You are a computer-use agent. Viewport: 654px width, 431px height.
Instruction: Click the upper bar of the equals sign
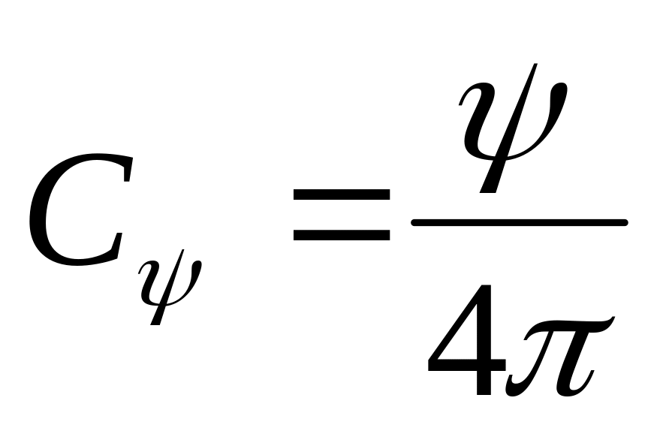[x=342, y=194]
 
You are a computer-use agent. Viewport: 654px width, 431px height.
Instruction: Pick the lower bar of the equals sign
[x=342, y=234]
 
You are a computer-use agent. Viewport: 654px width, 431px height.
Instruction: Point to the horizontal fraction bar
[x=518, y=222]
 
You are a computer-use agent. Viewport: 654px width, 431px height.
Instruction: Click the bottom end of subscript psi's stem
[x=155, y=323]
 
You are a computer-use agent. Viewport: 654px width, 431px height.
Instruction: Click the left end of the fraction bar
[x=414, y=222]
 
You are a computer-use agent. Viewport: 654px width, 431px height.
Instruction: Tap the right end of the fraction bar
[x=625, y=222]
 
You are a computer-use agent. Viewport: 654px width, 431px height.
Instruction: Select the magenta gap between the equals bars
[x=342, y=215]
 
